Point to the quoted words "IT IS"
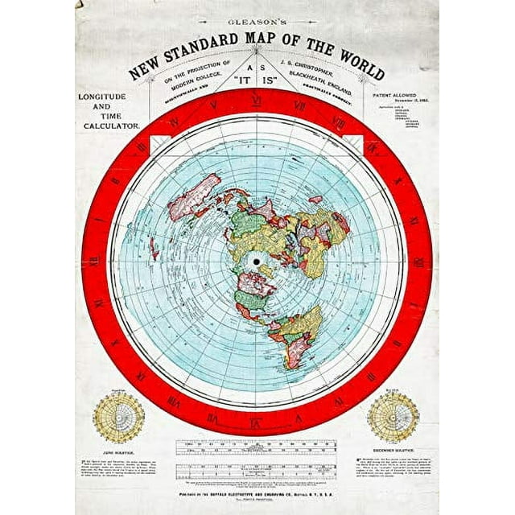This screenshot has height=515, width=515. pyautogui.click(x=256, y=81)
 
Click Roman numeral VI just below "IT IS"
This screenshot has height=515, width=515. pyautogui.click(x=256, y=101)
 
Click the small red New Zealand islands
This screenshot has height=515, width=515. pyautogui.click(x=153, y=248)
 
